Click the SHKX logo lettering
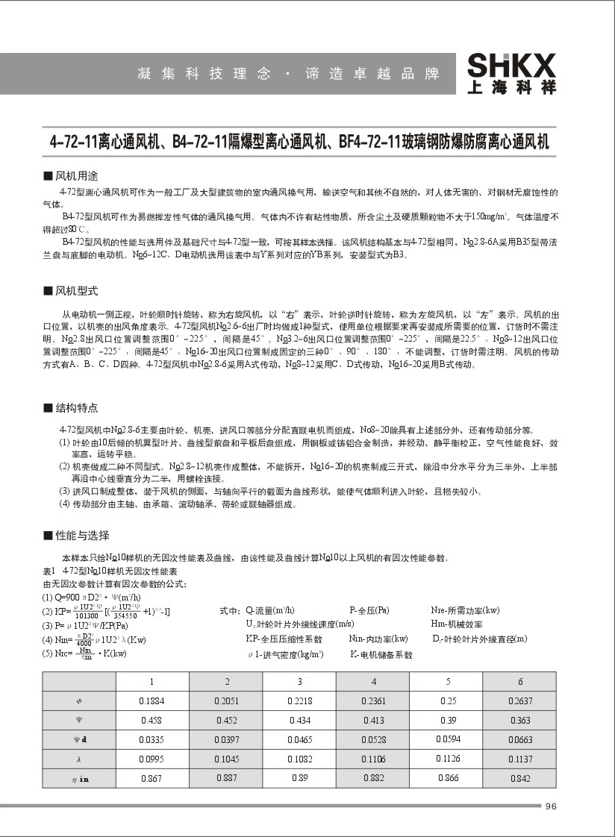[x=511, y=65]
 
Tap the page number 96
[x=552, y=806]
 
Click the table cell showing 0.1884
[x=152, y=701]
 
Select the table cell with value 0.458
[x=152, y=721]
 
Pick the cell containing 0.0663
[x=520, y=740]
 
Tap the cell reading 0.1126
[x=448, y=759]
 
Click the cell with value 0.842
[x=520, y=779]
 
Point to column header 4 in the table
[x=373, y=682]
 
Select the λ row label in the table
[x=80, y=759]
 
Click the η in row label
[x=80, y=779]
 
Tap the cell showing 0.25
[x=448, y=701]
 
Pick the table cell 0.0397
[x=227, y=740]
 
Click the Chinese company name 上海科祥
[x=511, y=87]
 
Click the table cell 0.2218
[x=300, y=701]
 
